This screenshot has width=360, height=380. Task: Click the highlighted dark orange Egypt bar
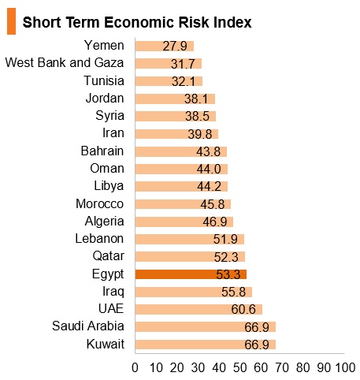[x=191, y=274]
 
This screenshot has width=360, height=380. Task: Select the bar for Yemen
[x=165, y=47]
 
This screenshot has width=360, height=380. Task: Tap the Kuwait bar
[x=206, y=345]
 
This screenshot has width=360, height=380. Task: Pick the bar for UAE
[x=199, y=309]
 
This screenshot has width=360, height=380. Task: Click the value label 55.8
[x=233, y=292]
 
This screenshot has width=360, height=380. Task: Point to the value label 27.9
[x=175, y=47]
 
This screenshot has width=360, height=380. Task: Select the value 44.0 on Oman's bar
[x=209, y=169]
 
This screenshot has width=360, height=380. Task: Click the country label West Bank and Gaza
[x=65, y=63]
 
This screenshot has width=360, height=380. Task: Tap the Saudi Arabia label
[x=88, y=326]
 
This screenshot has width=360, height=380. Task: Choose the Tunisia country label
[x=104, y=80]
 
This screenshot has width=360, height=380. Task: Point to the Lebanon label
[x=99, y=239]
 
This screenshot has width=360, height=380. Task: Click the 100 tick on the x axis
[x=346, y=368]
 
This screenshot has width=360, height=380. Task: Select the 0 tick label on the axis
[x=135, y=368]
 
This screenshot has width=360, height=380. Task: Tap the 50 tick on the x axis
[x=240, y=368]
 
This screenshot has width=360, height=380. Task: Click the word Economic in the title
[x=140, y=22]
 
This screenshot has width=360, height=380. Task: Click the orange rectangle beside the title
[x=11, y=21]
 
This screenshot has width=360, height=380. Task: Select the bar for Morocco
[x=183, y=204]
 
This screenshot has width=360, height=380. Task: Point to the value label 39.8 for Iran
[x=200, y=134]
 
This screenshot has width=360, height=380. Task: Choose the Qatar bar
[x=190, y=257]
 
